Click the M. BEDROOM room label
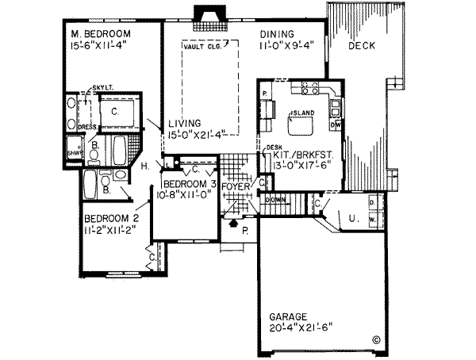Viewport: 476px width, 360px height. pyautogui.click(x=98, y=34)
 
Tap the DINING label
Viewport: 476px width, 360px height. pyautogui.click(x=276, y=34)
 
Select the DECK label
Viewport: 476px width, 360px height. pyautogui.click(x=362, y=46)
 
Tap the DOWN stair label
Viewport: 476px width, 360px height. pyautogui.click(x=275, y=200)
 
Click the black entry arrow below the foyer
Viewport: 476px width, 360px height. pyautogui.click(x=232, y=224)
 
